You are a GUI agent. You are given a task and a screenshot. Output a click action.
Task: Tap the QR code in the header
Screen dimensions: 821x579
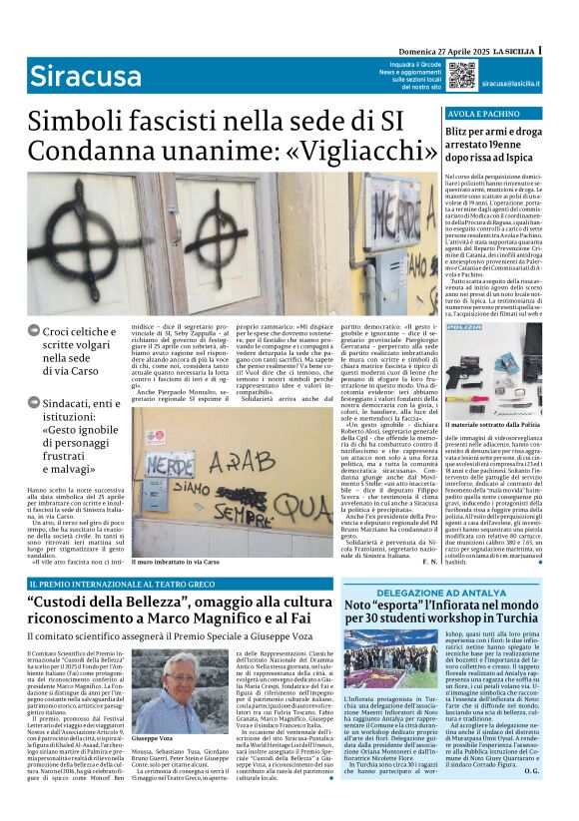coord(461,74)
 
